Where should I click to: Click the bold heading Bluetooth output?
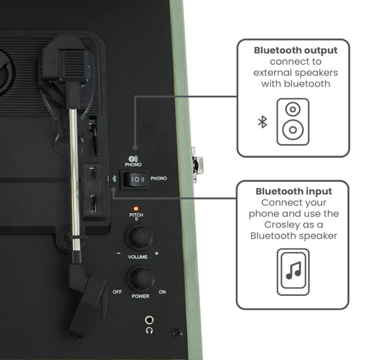(x=295, y=50)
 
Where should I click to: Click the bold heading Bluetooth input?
(x=294, y=191)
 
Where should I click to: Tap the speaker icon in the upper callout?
(x=292, y=122)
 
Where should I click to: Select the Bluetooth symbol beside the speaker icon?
(x=263, y=122)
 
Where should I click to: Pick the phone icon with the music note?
(x=293, y=272)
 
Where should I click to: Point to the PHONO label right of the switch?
(x=159, y=179)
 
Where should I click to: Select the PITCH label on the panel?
(x=136, y=215)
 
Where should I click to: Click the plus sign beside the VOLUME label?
(x=156, y=253)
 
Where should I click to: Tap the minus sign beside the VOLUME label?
(x=119, y=253)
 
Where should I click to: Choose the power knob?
(x=140, y=278)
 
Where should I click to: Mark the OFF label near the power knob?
(x=117, y=292)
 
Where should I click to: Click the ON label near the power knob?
(x=163, y=292)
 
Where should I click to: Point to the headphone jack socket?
(x=149, y=320)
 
